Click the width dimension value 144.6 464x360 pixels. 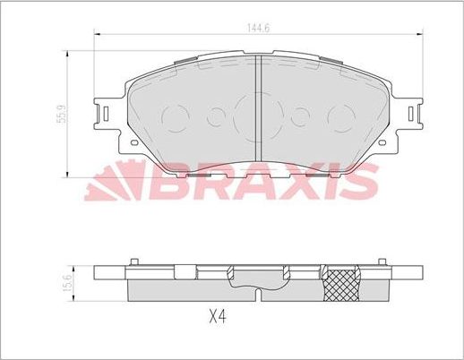pyautogui.click(x=259, y=27)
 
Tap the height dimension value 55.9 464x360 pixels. pyautogui.click(x=58, y=115)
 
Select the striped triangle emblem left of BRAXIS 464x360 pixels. pyautogui.click(x=112, y=184)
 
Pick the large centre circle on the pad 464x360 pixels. pyautogui.click(x=260, y=114)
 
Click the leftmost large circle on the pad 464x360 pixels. pyautogui.click(x=176, y=116)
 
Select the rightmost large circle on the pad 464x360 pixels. pyautogui.click(x=342, y=116)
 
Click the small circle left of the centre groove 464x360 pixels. pyautogui.click(x=215, y=116)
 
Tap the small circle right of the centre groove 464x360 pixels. pyautogui.click(x=302, y=116)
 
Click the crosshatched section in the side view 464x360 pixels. pyautogui.click(x=342, y=283)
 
